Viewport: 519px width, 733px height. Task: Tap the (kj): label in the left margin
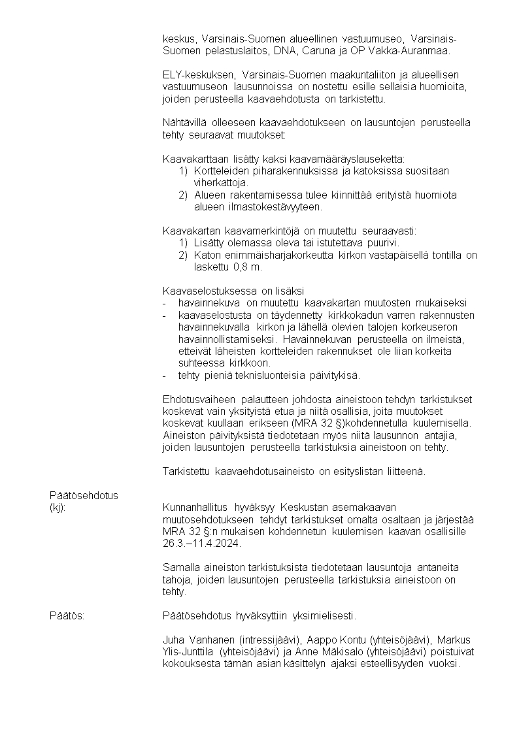point(58,508)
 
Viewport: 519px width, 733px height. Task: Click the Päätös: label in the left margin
point(67,615)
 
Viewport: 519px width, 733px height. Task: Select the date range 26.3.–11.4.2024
point(202,544)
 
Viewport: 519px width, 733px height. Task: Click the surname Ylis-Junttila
point(189,652)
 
